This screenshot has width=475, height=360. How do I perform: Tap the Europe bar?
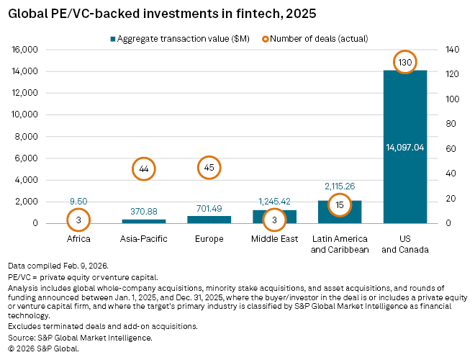click(x=209, y=219)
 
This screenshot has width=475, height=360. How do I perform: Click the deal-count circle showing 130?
click(x=405, y=63)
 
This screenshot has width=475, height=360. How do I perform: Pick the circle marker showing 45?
click(x=209, y=168)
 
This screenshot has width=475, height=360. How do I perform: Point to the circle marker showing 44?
click(x=144, y=168)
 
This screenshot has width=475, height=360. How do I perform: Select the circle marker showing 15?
click(x=340, y=204)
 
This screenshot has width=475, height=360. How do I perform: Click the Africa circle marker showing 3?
click(x=78, y=219)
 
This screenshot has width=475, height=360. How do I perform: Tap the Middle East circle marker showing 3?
click(x=274, y=219)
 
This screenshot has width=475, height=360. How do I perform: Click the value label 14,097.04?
click(x=405, y=147)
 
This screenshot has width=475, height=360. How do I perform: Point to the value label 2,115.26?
click(x=340, y=186)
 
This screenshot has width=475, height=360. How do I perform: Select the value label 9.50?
click(x=78, y=202)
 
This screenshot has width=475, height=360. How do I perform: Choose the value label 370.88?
click(x=144, y=212)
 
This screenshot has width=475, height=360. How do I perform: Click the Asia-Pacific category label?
click(x=144, y=238)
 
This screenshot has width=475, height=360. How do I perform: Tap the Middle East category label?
click(x=274, y=238)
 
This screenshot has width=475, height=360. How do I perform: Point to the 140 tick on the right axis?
click(x=452, y=50)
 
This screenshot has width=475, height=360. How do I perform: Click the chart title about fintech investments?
click(x=153, y=13)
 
